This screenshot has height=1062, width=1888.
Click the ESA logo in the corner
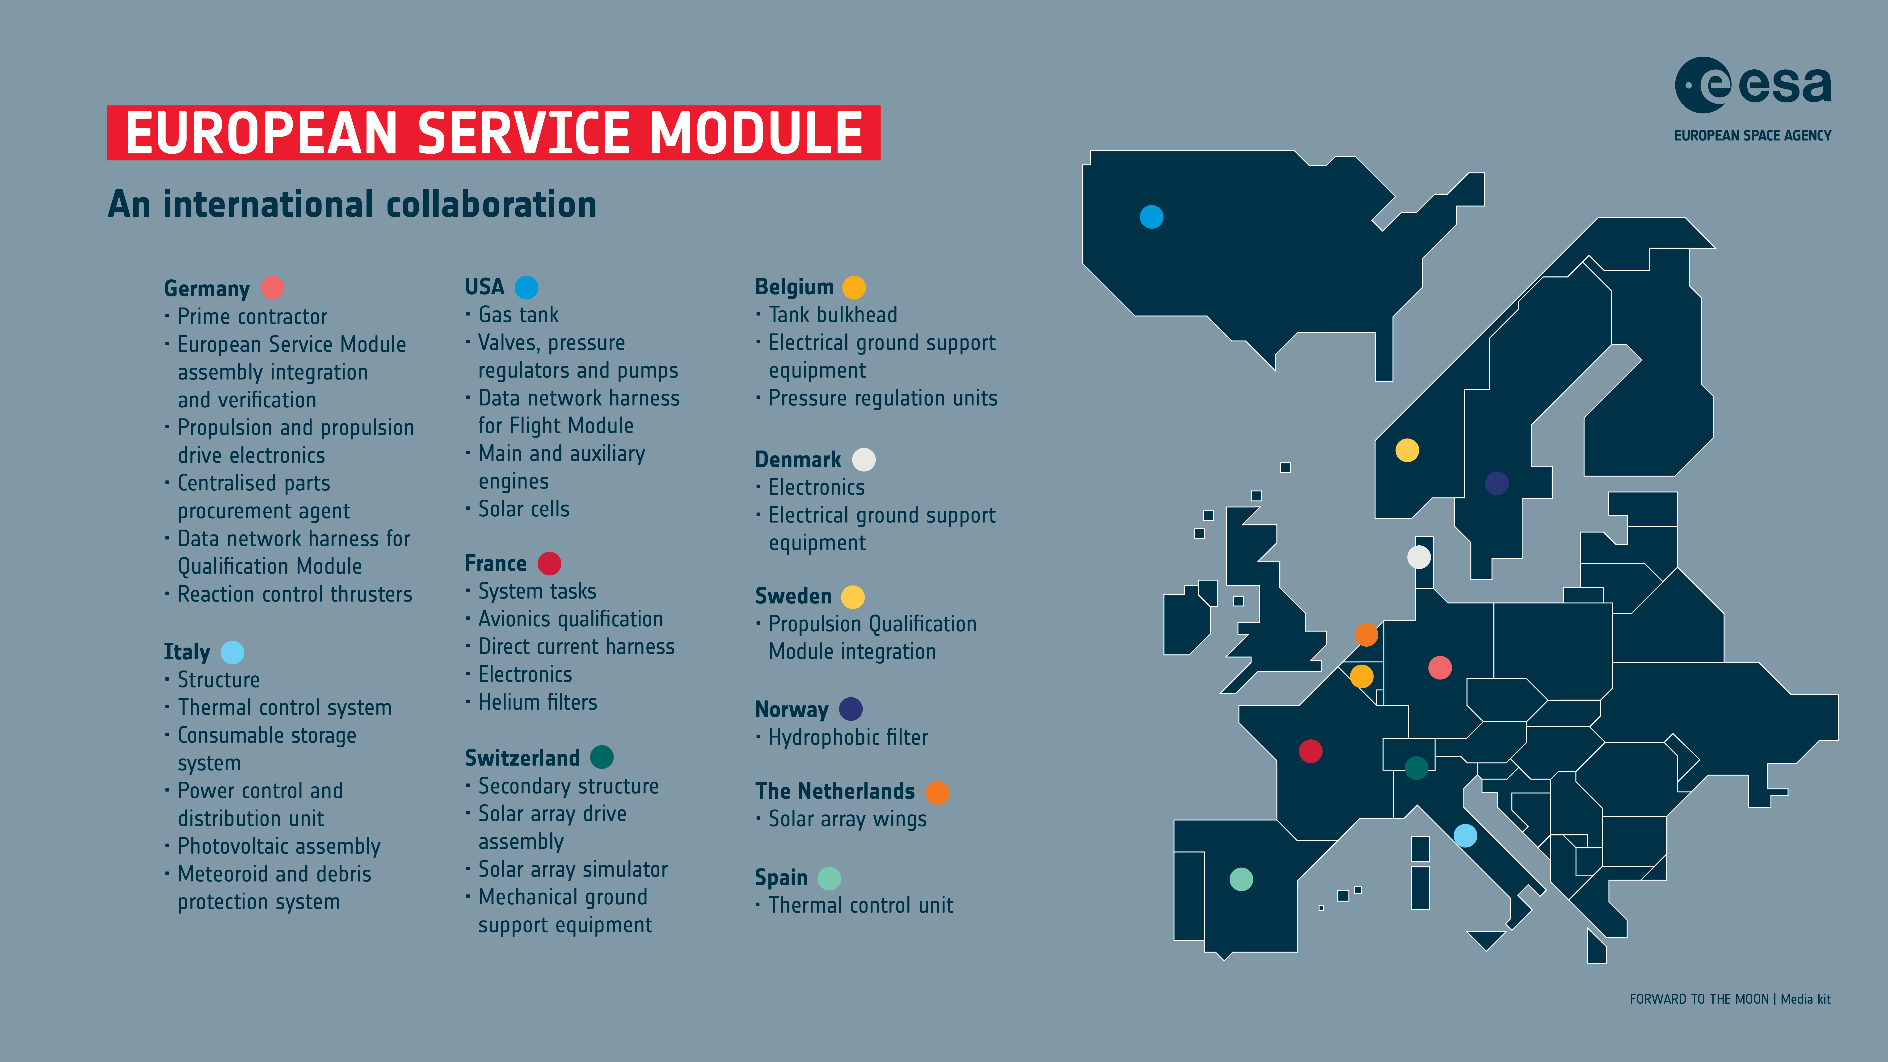click(1752, 99)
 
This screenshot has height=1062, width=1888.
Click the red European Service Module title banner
click(493, 133)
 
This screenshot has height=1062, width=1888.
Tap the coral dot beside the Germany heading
click(273, 287)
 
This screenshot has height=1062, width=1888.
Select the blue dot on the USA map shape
click(1151, 217)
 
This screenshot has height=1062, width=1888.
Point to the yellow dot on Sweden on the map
click(1407, 450)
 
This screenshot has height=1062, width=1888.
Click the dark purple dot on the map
click(1497, 483)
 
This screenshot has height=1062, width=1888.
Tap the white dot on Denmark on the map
click(1419, 557)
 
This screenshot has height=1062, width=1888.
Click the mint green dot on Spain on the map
click(1241, 879)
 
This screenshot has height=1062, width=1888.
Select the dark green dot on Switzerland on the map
click(1416, 767)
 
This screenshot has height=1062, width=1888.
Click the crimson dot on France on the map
click(1311, 751)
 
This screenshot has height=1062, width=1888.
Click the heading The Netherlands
click(835, 792)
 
